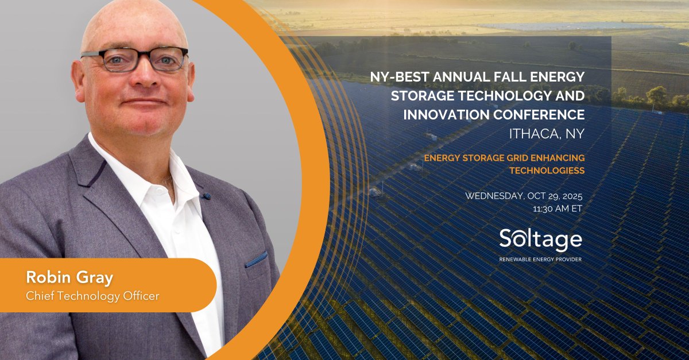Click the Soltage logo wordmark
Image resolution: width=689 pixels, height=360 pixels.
[540, 239]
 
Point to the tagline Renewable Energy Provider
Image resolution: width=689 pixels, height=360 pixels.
[540, 260]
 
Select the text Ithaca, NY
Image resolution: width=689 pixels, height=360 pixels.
[547, 133]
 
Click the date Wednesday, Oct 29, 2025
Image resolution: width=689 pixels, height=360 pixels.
[524, 196]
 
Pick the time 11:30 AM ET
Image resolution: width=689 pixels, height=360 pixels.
[558, 208]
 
